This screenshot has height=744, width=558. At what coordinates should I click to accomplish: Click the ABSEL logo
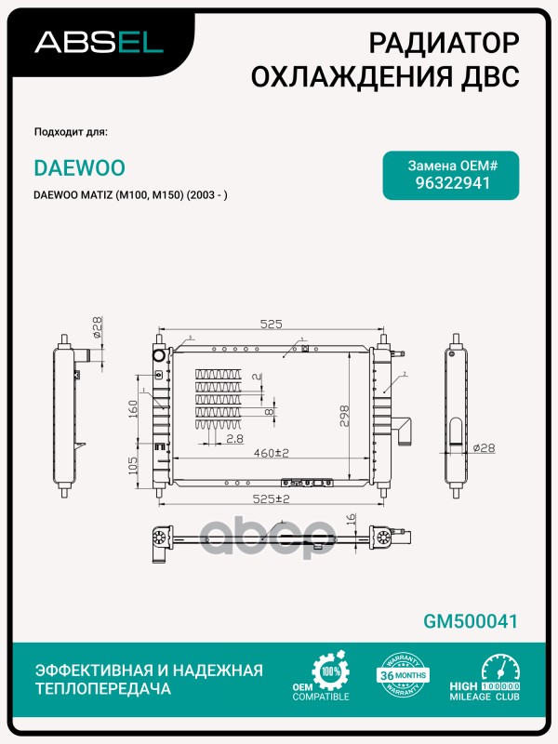tap(99, 43)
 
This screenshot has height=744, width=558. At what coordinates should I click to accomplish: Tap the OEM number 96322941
tap(452, 182)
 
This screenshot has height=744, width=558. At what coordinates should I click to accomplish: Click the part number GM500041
tap(470, 621)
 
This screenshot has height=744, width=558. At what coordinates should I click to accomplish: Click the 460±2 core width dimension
tap(270, 453)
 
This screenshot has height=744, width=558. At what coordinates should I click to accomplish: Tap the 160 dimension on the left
tap(134, 407)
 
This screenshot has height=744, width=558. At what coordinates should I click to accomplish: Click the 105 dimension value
tap(134, 463)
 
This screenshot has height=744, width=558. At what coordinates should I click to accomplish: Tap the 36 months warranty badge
tap(403, 676)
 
